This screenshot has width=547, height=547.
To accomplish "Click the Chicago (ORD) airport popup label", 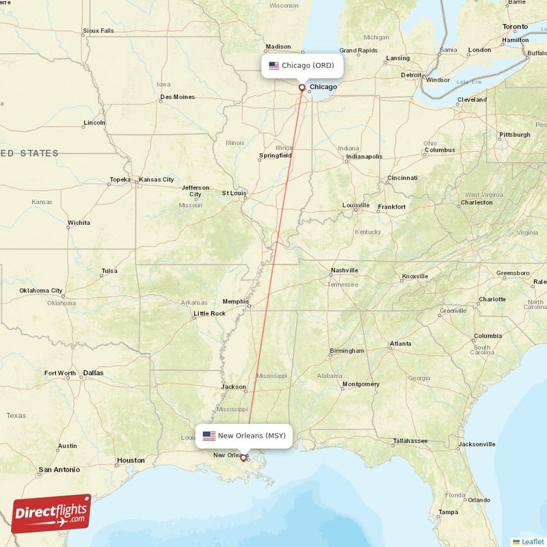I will [302, 66].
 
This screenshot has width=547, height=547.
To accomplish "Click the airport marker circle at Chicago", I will [302, 88].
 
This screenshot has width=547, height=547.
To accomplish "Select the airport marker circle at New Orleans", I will [243, 458].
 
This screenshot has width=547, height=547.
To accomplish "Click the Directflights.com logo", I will [51, 513].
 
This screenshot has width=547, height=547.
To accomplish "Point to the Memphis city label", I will [237, 302].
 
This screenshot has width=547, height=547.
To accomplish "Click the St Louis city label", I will [234, 193].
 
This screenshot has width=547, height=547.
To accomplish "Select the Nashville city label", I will [344, 270].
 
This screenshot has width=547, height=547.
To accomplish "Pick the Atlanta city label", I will [400, 343].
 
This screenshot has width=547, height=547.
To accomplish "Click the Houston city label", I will [131, 460].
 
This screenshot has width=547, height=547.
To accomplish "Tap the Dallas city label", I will [93, 373].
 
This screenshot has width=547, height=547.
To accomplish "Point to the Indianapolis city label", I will [364, 157].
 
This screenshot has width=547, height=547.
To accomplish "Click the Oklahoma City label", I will [41, 291].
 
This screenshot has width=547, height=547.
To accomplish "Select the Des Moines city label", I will [177, 97].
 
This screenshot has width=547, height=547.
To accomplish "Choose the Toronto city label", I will [515, 27].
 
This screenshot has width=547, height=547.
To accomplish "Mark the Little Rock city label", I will [209, 313].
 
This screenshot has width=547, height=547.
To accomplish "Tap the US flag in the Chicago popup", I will [273, 66].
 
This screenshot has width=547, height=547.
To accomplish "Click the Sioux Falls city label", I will [98, 31].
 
